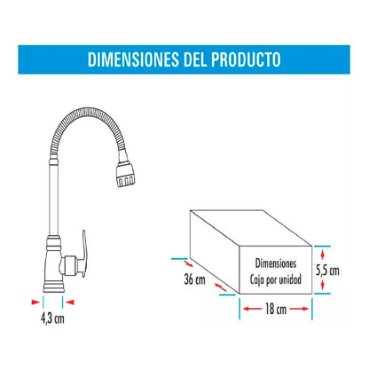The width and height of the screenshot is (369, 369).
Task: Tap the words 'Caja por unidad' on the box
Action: (x=276, y=278)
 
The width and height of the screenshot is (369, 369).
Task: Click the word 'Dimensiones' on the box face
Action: (x=276, y=263)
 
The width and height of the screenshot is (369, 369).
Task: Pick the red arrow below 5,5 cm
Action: (x=326, y=286)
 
